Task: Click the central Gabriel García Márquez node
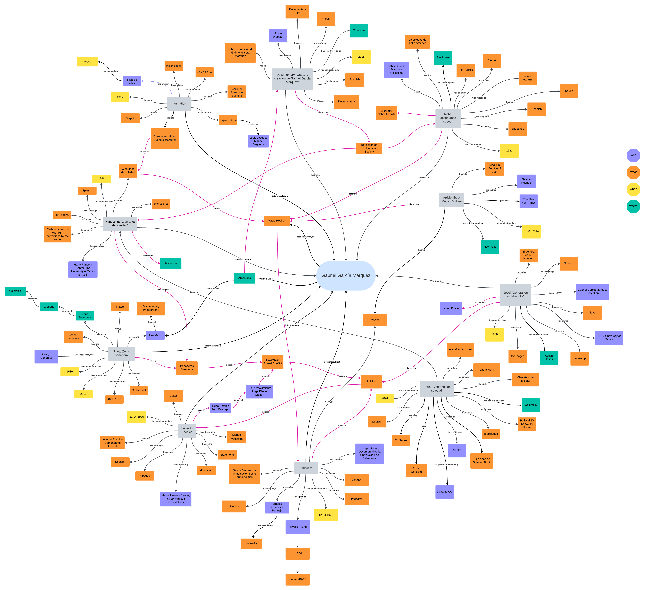[x=346, y=275]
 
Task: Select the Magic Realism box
[x=277, y=221]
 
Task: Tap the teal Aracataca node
[x=244, y=278]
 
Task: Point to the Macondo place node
[x=171, y=264]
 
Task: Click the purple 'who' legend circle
[x=633, y=155]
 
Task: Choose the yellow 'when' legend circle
[x=633, y=189]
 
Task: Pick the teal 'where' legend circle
[x=633, y=206]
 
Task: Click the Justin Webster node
[x=278, y=35]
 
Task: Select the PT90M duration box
[x=326, y=19]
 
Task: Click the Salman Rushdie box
[x=526, y=181]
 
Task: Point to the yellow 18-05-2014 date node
[x=531, y=231]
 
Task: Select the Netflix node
[x=457, y=450]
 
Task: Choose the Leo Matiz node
[x=155, y=336]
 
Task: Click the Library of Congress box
[x=46, y=356]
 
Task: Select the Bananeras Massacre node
[x=187, y=368]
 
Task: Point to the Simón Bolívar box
[x=451, y=308]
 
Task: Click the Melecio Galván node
[x=132, y=81]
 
